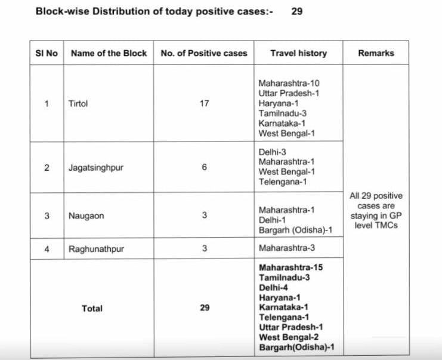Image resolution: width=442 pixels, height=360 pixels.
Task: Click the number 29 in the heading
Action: (x=296, y=11)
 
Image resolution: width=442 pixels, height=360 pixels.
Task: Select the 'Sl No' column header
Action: (x=47, y=53)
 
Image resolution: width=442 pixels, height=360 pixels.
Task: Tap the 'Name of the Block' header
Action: (x=109, y=53)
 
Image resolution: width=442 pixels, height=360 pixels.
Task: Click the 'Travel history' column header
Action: (x=298, y=53)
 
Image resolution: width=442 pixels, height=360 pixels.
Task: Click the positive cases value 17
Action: (x=204, y=103)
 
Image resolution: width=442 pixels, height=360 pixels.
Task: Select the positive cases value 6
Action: (x=204, y=167)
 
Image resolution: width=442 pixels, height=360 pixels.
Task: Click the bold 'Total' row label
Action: (x=92, y=309)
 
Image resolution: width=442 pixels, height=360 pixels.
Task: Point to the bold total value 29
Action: (x=204, y=309)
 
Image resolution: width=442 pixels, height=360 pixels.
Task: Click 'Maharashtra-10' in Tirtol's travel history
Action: (x=289, y=84)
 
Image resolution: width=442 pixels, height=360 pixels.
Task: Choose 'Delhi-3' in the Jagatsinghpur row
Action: (x=272, y=152)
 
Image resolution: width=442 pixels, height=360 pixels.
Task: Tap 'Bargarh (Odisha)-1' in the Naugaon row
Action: (x=293, y=230)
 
